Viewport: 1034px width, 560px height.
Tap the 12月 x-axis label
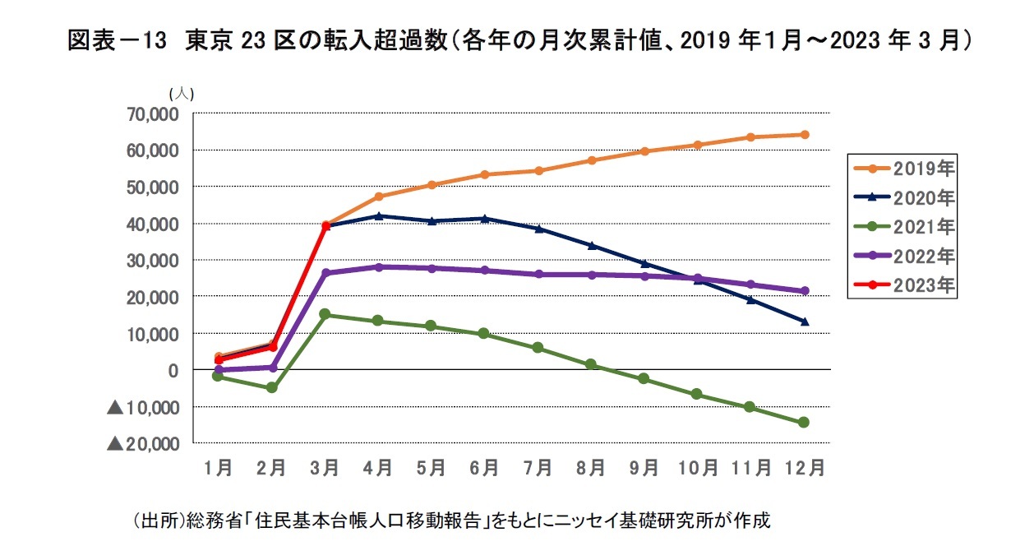804,468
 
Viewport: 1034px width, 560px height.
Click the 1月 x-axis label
218,468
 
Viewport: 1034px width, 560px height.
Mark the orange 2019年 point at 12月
805,135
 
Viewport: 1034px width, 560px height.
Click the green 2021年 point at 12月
805,423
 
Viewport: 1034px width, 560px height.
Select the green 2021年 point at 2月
272,387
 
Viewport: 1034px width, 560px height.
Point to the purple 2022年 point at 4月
379,267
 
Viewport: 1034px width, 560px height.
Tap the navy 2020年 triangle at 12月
805,322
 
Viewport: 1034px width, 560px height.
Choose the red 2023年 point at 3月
325,225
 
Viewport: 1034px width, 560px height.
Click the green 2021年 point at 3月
325,314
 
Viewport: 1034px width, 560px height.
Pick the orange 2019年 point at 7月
538,171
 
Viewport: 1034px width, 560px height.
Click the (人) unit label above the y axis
181,95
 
